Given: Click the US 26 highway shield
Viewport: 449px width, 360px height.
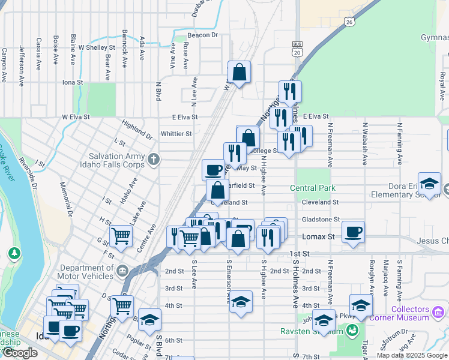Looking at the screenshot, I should point(349,22).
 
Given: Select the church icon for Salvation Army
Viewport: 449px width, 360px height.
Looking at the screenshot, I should point(154,160).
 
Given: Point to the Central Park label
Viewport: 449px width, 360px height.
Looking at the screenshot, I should point(313,188).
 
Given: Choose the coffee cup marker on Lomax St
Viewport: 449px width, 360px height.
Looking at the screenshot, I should point(353,231).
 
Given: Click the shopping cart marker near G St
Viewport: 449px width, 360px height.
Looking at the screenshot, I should point(121,236).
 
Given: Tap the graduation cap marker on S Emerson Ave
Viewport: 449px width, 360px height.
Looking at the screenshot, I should point(241,301).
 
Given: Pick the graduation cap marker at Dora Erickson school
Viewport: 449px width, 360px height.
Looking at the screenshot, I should point(430,183).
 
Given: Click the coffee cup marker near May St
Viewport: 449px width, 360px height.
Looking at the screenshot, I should point(213,170).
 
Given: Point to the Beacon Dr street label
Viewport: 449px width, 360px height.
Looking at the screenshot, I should point(202,35).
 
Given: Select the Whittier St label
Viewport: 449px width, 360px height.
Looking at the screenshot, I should point(176,134).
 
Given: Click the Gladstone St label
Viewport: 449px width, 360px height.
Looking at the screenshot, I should point(320,220).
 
